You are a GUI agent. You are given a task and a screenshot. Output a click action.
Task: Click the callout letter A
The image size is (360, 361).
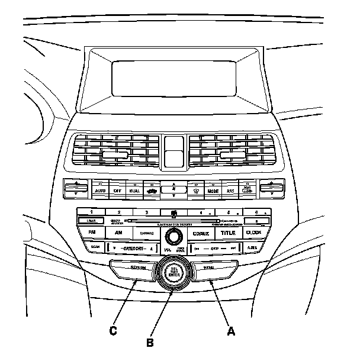[x=231, y=331]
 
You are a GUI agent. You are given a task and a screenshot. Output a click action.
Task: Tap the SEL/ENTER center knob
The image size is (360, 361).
[x=174, y=273]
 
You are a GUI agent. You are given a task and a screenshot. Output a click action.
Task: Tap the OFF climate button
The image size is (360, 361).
[x=117, y=191]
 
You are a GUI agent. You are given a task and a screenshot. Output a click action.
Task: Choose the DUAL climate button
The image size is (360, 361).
[x=134, y=191]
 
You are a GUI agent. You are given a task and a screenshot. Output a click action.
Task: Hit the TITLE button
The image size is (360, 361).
[x=228, y=233]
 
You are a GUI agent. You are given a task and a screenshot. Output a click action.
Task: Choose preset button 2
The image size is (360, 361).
[x=119, y=212]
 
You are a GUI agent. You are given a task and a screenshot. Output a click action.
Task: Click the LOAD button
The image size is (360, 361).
[x=92, y=221]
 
